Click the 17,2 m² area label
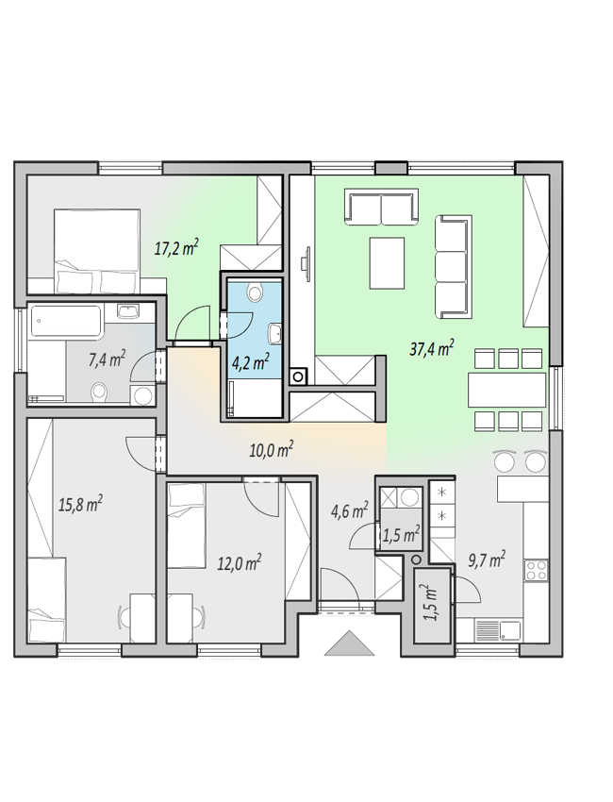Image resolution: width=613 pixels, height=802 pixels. point(176,248)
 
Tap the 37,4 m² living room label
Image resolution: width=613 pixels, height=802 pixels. point(432,348)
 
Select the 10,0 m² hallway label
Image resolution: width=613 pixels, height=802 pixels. point(271,449)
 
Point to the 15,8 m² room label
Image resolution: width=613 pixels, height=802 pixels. point(80,505)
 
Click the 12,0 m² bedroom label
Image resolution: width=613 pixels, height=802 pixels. point(240,562)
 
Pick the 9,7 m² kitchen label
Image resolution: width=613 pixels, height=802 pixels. point(487,560)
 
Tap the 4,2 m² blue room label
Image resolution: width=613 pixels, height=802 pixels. point(251,362)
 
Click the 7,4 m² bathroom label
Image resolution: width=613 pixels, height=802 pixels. point(107,359)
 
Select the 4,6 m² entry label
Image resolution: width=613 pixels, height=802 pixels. point(350,510)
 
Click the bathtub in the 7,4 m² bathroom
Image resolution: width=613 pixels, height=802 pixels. point(65,323)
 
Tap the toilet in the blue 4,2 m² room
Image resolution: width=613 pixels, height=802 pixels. point(254,292)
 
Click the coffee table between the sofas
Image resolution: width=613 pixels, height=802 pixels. point(387,263)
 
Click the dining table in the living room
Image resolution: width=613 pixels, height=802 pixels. point(507,390)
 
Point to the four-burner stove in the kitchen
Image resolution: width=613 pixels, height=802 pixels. point(537,571)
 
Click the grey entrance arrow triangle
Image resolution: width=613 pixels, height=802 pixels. point(350,643)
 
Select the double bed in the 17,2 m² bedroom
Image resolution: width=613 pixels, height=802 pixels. point(97,251)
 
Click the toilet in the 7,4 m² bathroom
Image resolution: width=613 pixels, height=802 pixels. point(99,393)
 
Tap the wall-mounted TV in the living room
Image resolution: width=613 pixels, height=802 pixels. point(306,263)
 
